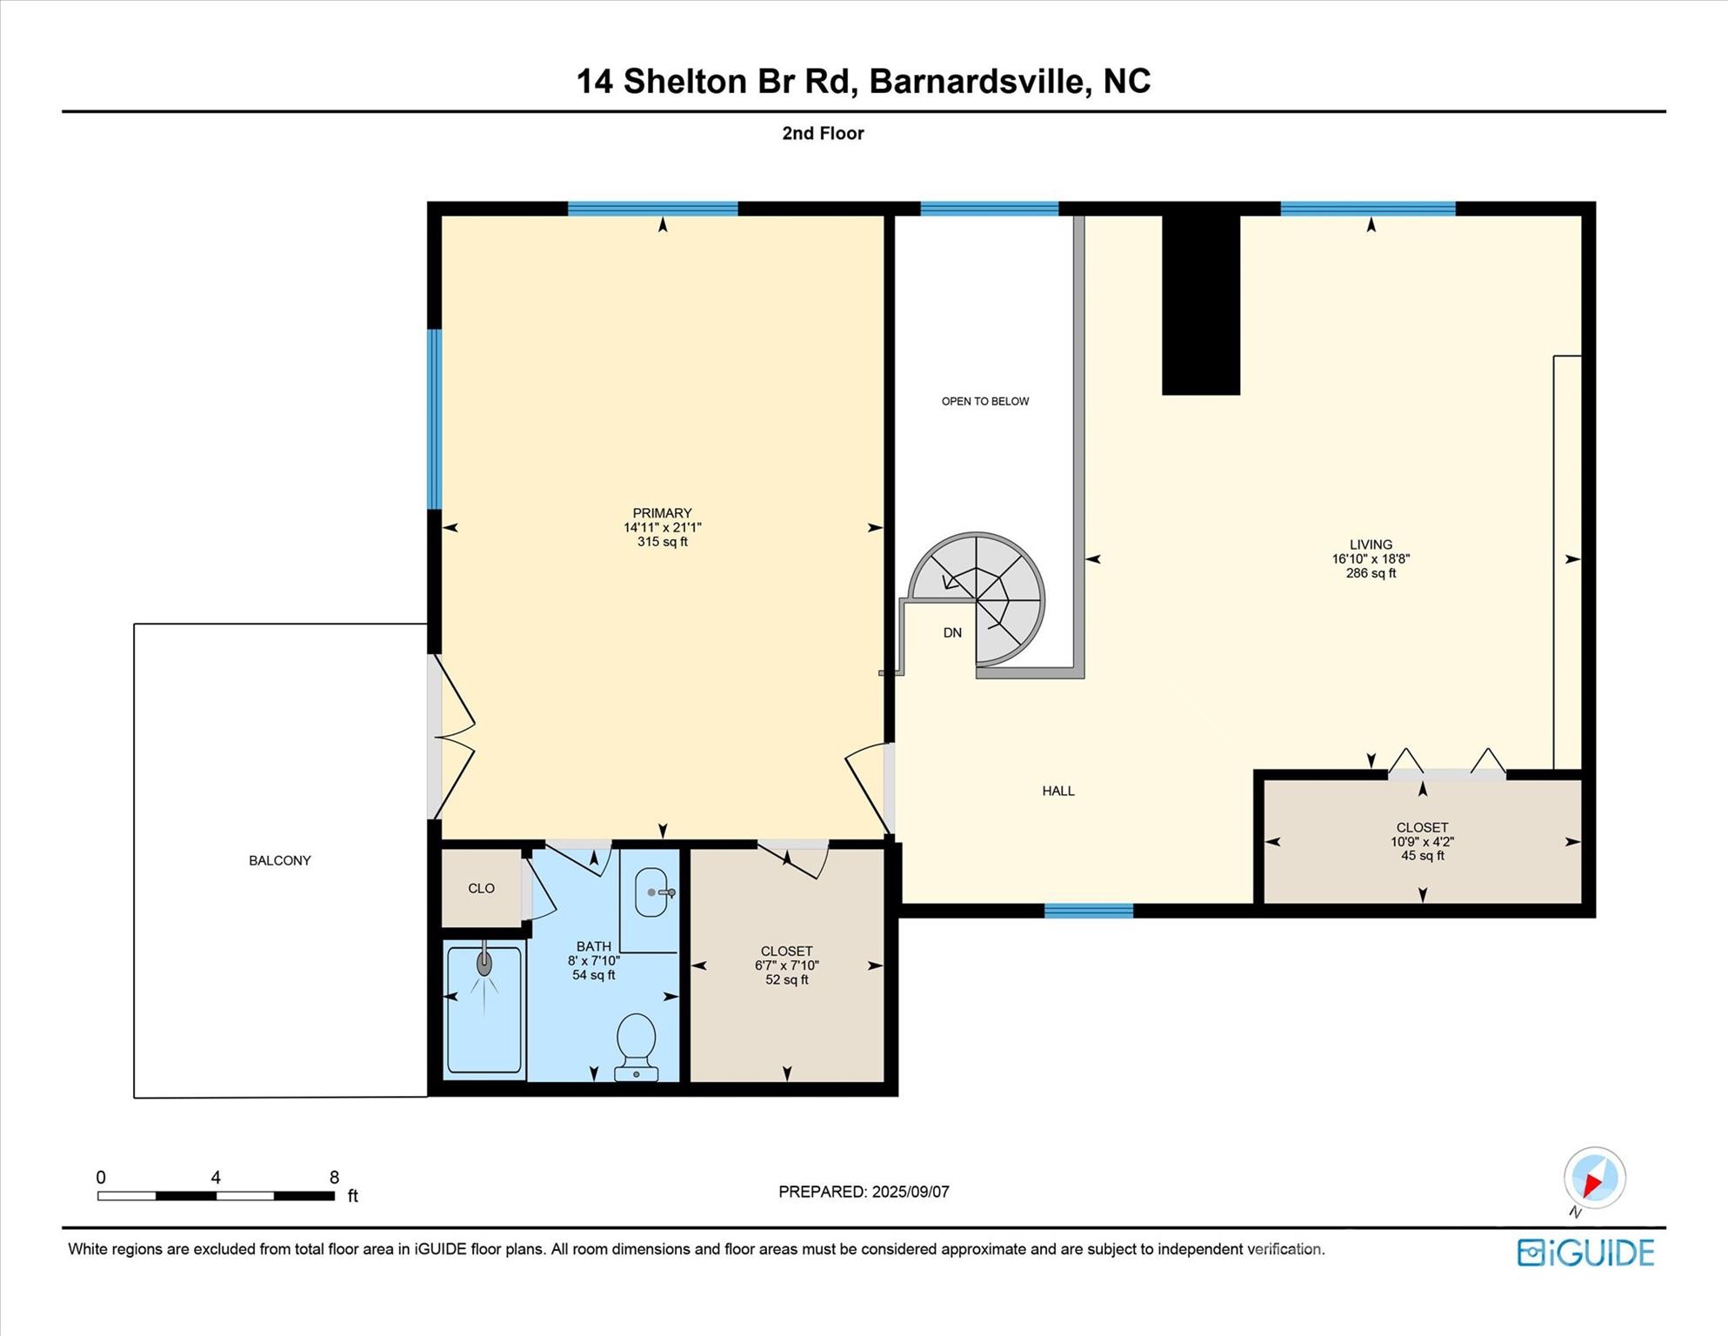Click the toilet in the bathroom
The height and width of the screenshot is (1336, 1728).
click(x=636, y=1046)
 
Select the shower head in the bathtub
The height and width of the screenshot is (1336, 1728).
click(x=484, y=963)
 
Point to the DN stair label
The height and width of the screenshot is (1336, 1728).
click(x=952, y=633)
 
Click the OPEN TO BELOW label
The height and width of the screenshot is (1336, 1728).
click(x=985, y=401)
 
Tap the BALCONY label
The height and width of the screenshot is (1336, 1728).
click(x=280, y=860)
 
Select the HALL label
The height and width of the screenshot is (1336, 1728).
click(x=1058, y=791)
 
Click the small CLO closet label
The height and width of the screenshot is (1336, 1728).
click(x=481, y=888)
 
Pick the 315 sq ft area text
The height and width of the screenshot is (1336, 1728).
click(x=663, y=542)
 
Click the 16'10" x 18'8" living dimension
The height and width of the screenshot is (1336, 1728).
click(x=1371, y=559)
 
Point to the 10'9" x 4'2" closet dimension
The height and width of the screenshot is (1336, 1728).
click(x=1422, y=842)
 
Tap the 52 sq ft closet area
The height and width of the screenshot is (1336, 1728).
click(x=787, y=980)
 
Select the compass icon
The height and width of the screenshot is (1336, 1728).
click(x=1594, y=1179)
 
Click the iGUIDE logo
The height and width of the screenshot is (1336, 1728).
click(x=1585, y=1252)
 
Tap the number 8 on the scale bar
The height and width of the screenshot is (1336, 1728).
click(x=334, y=1178)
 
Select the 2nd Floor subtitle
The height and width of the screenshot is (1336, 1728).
click(x=823, y=133)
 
